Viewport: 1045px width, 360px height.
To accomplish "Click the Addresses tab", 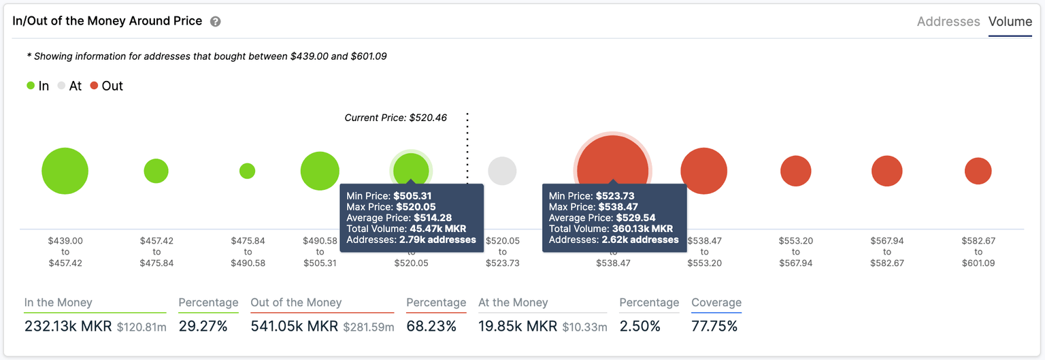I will pos(948,22).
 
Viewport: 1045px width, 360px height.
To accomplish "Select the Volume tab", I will pos(1010,22).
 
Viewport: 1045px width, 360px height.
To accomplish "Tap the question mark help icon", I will pos(215,22).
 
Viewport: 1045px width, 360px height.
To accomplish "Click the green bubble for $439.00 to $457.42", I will pos(65,171).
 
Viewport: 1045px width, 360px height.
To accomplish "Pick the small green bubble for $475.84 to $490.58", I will pos(248,171).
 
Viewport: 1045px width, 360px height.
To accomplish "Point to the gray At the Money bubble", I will pos(502,171).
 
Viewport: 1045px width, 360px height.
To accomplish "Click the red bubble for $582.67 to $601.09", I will pos(978,171).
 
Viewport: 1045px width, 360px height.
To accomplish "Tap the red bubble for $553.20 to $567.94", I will pos(795,171).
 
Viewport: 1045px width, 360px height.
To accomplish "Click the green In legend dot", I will pos(31,86).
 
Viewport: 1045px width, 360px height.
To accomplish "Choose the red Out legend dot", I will pos(94,86).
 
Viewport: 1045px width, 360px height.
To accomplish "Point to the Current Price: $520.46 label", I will pos(395,118).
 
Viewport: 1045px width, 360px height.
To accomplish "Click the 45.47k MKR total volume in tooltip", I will pos(438,229).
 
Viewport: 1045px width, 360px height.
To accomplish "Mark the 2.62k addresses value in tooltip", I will pos(640,240).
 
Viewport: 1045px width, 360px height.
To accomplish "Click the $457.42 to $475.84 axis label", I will pos(156,252).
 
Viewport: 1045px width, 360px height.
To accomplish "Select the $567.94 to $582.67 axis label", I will pos(886,252).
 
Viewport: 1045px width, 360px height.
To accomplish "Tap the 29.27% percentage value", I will pos(203,327).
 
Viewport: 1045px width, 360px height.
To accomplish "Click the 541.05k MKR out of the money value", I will pos(294,327).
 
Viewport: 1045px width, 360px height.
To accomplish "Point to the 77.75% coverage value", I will pos(714,327).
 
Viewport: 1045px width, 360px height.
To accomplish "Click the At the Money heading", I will pos(513,303).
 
